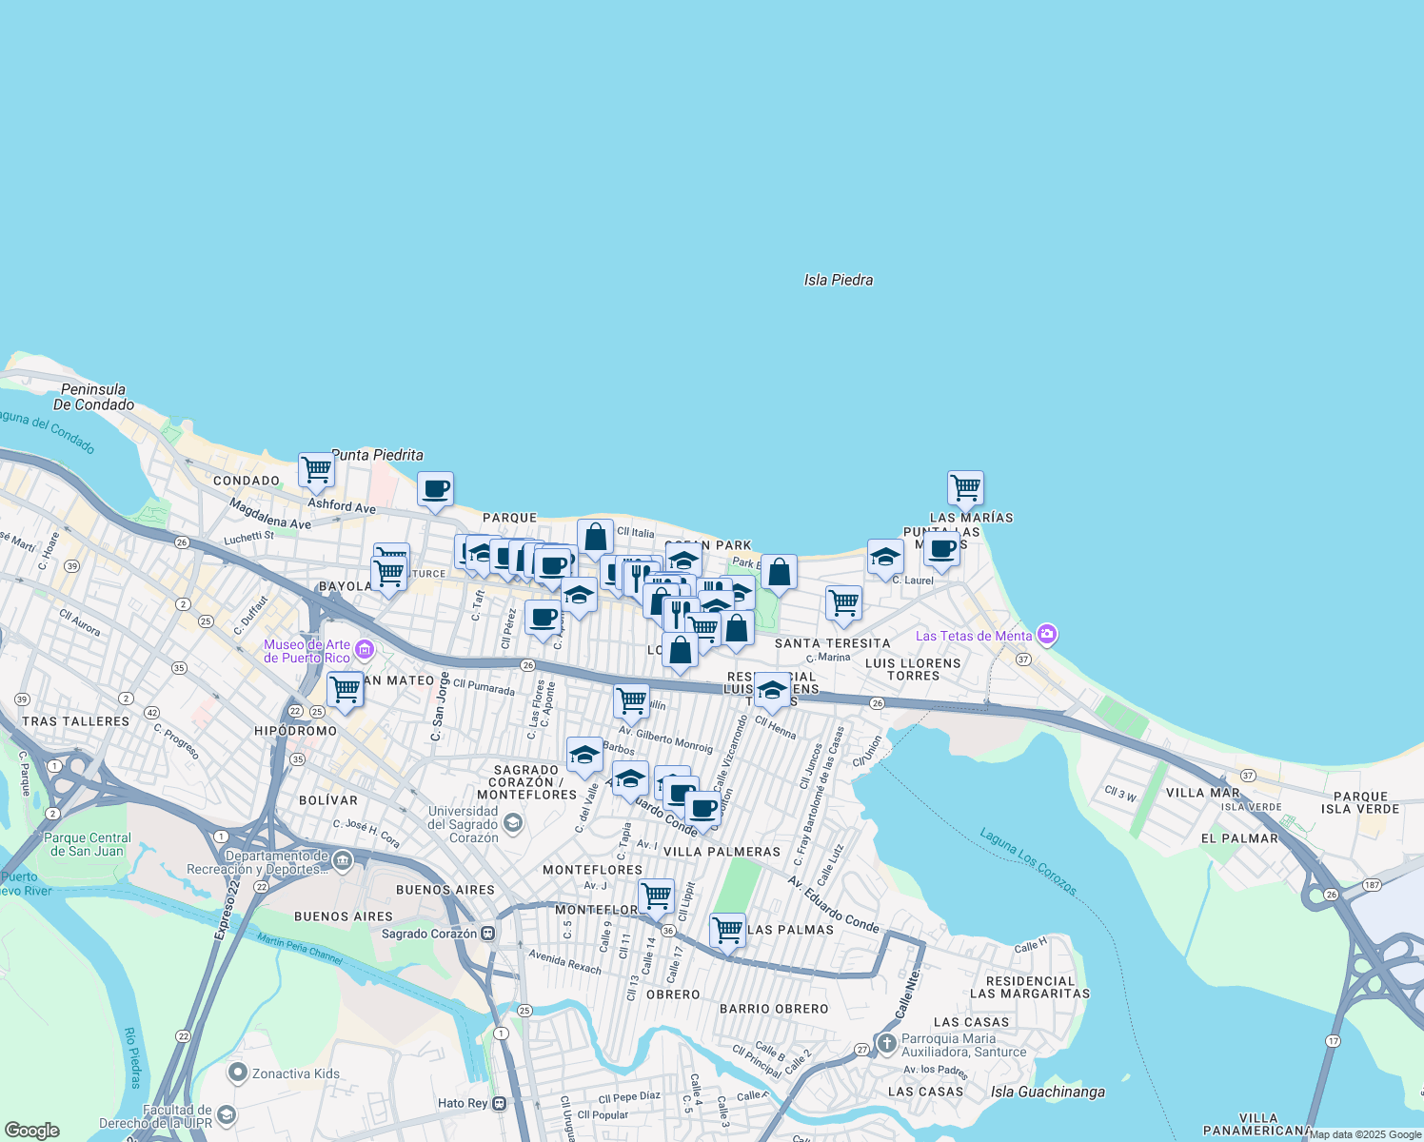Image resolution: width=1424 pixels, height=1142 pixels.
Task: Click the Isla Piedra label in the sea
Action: coord(838,280)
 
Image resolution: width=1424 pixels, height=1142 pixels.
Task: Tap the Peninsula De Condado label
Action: coord(93,397)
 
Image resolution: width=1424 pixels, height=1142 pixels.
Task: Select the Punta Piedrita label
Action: coord(377,455)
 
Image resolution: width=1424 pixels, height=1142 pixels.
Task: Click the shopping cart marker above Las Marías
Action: coord(965,488)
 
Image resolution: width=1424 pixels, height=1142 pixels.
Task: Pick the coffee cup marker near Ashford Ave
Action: coord(436,490)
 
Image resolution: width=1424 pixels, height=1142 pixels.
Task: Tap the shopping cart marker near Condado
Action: coord(316,469)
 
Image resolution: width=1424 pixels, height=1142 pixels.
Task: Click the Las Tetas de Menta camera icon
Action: coord(1047,635)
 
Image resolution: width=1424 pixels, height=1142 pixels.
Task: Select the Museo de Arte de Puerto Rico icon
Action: coord(364,651)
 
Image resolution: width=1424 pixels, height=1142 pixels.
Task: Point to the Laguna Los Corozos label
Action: coord(1029,862)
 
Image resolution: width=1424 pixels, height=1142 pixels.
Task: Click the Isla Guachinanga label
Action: coord(1047,1092)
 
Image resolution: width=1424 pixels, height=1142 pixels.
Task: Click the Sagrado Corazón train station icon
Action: coord(488,934)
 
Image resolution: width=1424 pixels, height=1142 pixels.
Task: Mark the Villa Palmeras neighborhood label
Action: coord(722,852)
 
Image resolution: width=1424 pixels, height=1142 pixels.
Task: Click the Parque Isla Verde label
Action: coord(1360,802)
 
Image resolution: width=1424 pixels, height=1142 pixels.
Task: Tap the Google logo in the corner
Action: coord(31,1131)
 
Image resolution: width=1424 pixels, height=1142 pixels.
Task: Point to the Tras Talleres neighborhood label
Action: coord(75,721)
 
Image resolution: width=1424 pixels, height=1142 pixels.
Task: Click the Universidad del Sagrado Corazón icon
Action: coord(513,822)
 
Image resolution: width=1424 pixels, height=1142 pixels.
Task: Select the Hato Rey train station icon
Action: coord(499,1103)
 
